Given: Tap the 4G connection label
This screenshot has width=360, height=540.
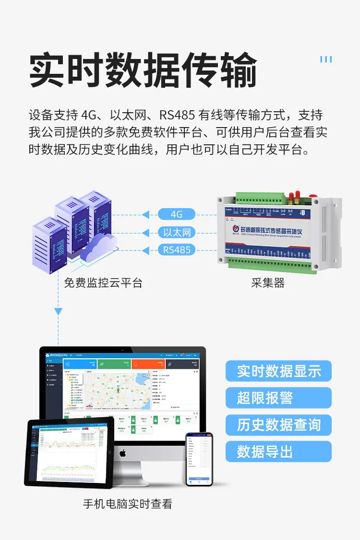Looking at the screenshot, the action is pyautogui.click(x=177, y=214).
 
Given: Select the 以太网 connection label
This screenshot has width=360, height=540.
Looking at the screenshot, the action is pyautogui.click(x=177, y=233).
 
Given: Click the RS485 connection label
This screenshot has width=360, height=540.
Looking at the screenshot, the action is pyautogui.click(x=177, y=250).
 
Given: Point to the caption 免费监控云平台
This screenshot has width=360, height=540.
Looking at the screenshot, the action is pyautogui.click(x=103, y=282).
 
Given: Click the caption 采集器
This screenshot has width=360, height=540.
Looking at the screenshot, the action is pyautogui.click(x=268, y=282).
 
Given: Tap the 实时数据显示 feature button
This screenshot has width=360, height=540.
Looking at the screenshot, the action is pyautogui.click(x=278, y=371).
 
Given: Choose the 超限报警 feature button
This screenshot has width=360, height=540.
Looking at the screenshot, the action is pyautogui.click(x=278, y=398).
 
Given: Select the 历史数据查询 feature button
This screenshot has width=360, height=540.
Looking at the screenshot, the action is pyautogui.click(x=278, y=424).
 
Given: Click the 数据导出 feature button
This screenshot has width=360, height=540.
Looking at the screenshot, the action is pyautogui.click(x=278, y=451).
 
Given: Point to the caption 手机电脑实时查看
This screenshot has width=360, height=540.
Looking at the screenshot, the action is pyautogui.click(x=127, y=504).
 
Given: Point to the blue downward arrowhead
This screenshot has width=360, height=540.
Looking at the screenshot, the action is pyautogui.click(x=58, y=312).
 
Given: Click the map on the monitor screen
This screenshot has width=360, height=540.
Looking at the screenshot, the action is pyautogui.click(x=118, y=389).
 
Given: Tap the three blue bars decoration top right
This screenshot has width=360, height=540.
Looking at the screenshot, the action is pyautogui.click(x=326, y=59).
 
